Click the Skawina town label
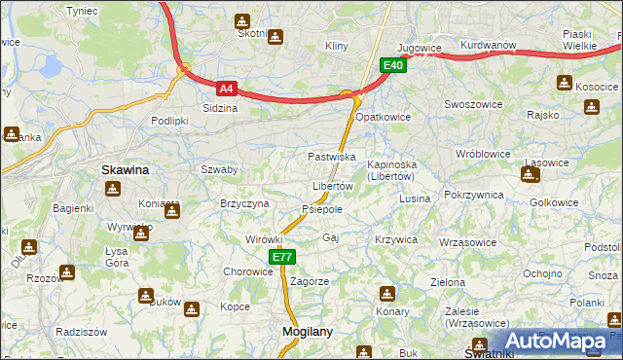[125, 169]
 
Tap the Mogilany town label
[307, 331]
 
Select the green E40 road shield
[392, 65]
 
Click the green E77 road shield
[281, 257]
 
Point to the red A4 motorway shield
[226, 88]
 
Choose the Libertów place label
[332, 186]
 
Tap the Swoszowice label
[470, 104]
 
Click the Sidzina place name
[219, 108]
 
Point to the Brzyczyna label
[244, 202]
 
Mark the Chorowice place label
[248, 271]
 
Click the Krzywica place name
[396, 239]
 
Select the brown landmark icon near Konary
[387, 293]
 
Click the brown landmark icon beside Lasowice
[530, 175]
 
